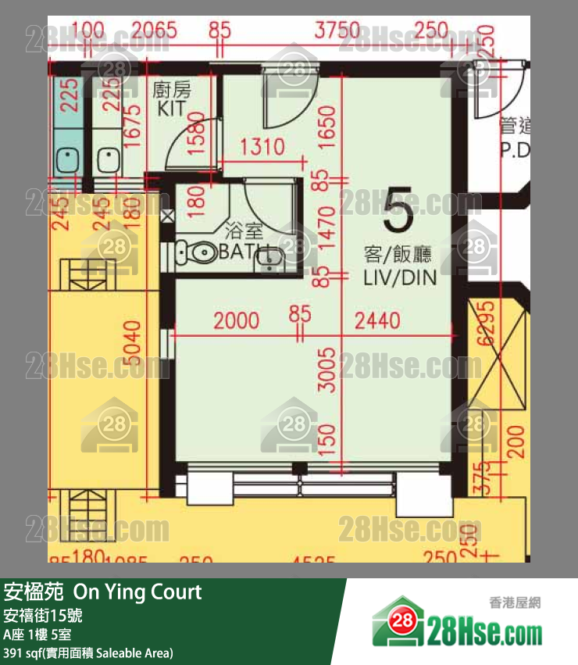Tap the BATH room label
[242, 252]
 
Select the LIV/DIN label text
[397, 277]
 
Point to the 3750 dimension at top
[337, 31]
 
